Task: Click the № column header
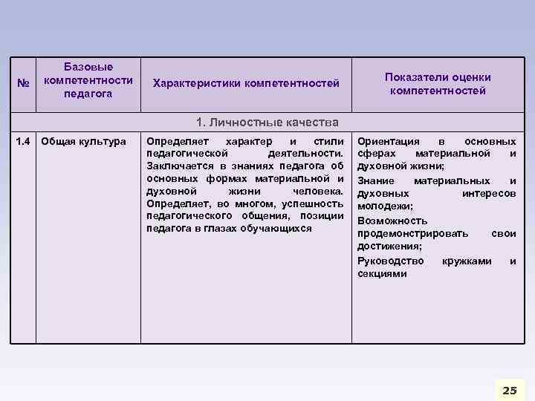click(23, 82)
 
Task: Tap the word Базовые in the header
click(88, 67)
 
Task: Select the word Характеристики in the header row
click(197, 83)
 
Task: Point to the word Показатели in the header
click(412, 77)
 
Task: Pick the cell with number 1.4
click(24, 141)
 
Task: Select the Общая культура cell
click(84, 141)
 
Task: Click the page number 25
click(509, 391)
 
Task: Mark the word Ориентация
click(389, 141)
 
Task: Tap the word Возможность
click(392, 221)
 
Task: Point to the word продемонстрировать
click(413, 233)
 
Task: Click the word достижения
click(389, 247)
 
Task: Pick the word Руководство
click(391, 261)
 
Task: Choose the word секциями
click(382, 273)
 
